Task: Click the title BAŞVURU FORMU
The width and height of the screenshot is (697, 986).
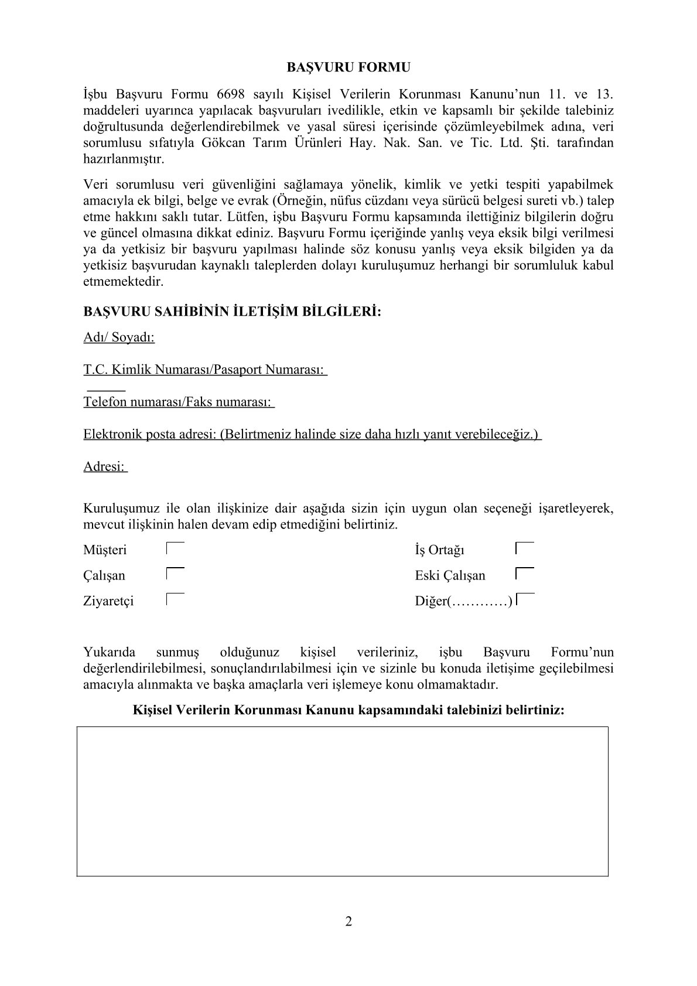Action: coord(348,67)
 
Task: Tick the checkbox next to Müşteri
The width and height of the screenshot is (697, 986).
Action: coord(175,549)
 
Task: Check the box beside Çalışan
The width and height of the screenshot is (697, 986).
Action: coord(175,574)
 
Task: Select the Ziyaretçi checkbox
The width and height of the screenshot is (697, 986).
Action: coord(175,599)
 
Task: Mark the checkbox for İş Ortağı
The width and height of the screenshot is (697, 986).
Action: coord(525,549)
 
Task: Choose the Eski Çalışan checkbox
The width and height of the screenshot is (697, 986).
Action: coord(525,574)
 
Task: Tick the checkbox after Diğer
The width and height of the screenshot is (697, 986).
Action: coord(526,599)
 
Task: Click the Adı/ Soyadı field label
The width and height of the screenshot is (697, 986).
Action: coord(119,337)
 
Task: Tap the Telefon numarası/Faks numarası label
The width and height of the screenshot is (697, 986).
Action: coord(177,402)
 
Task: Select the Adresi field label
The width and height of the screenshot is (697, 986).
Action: coord(104,466)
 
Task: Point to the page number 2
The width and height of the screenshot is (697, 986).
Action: coord(348,922)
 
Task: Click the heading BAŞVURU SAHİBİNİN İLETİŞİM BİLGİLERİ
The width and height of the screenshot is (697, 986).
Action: coord(232,311)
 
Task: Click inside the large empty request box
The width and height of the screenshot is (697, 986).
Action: coord(342,801)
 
